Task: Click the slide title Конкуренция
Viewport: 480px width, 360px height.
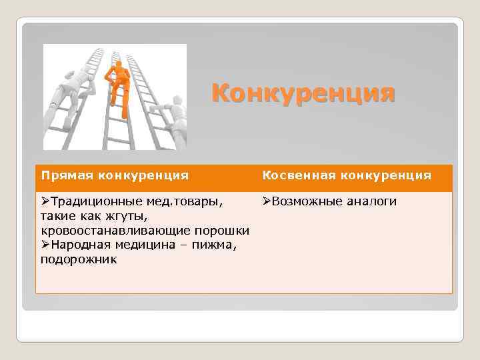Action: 303,93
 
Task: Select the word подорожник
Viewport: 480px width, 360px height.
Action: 78,260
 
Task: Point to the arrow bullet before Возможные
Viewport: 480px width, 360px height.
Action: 266,201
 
